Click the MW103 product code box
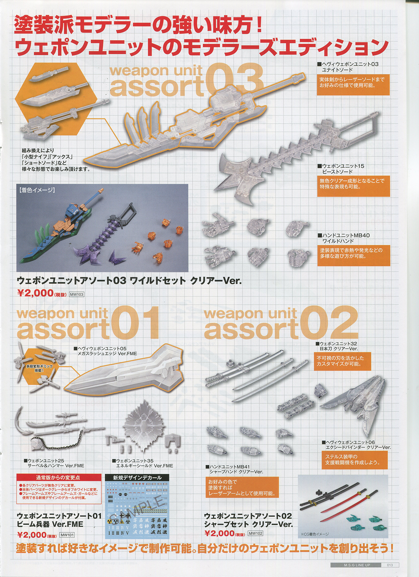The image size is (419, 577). pyautogui.click(x=77, y=294)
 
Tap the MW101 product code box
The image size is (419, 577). pyautogui.click(x=67, y=535)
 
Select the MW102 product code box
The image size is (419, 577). pyautogui.click(x=255, y=533)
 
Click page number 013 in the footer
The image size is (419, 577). pyautogui.click(x=390, y=565)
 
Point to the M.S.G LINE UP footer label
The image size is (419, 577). pyautogui.click(x=357, y=565)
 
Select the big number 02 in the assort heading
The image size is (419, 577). pyautogui.click(x=329, y=323)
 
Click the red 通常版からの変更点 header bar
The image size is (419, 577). pyautogui.click(x=59, y=478)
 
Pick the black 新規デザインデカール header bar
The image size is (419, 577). pyautogui.click(x=137, y=478)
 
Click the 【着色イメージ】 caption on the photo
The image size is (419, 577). pyautogui.click(x=37, y=190)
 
